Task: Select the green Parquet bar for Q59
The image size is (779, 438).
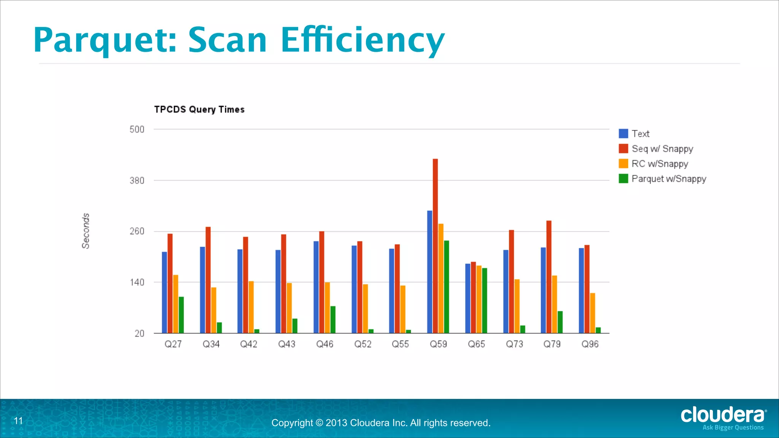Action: point(447,287)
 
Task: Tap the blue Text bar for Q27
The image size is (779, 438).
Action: point(164,292)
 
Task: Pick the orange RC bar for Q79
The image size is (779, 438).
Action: point(555,304)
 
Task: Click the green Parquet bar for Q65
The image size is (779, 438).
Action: point(485,301)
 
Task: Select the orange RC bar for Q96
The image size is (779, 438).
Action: point(593,313)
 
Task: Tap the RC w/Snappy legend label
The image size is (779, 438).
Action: point(660,164)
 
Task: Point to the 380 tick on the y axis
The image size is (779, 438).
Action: point(137,181)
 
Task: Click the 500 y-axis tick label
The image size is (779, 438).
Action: point(137,130)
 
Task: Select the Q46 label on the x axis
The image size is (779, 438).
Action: point(324,344)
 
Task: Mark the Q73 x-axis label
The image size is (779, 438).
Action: point(514,344)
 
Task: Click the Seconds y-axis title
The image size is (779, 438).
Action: point(86,231)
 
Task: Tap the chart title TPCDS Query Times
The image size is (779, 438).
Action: point(199,109)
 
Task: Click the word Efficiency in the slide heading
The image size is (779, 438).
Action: point(362,40)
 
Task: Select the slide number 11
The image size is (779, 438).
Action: point(18,421)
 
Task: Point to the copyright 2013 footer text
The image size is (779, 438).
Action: point(381,423)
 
